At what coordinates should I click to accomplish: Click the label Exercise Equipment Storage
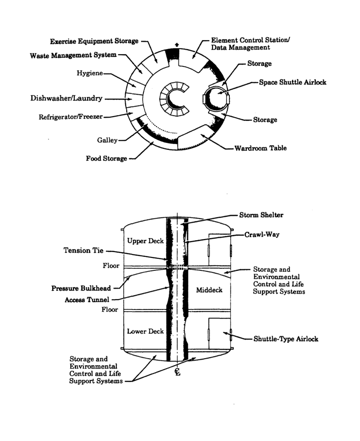[x=94, y=41]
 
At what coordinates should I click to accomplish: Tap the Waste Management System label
[x=73, y=56]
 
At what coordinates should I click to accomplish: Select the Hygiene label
[x=90, y=73]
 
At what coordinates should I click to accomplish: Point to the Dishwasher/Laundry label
[x=66, y=98]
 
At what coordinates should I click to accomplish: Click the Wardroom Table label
[x=260, y=148]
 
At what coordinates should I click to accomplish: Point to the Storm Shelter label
[x=261, y=215]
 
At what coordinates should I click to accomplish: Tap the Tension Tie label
[x=83, y=251]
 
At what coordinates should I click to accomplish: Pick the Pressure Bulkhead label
[x=81, y=288]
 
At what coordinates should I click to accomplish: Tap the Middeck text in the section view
[x=209, y=290]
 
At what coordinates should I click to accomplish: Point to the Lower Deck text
[x=145, y=331]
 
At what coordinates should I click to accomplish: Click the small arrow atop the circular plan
[x=177, y=44]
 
